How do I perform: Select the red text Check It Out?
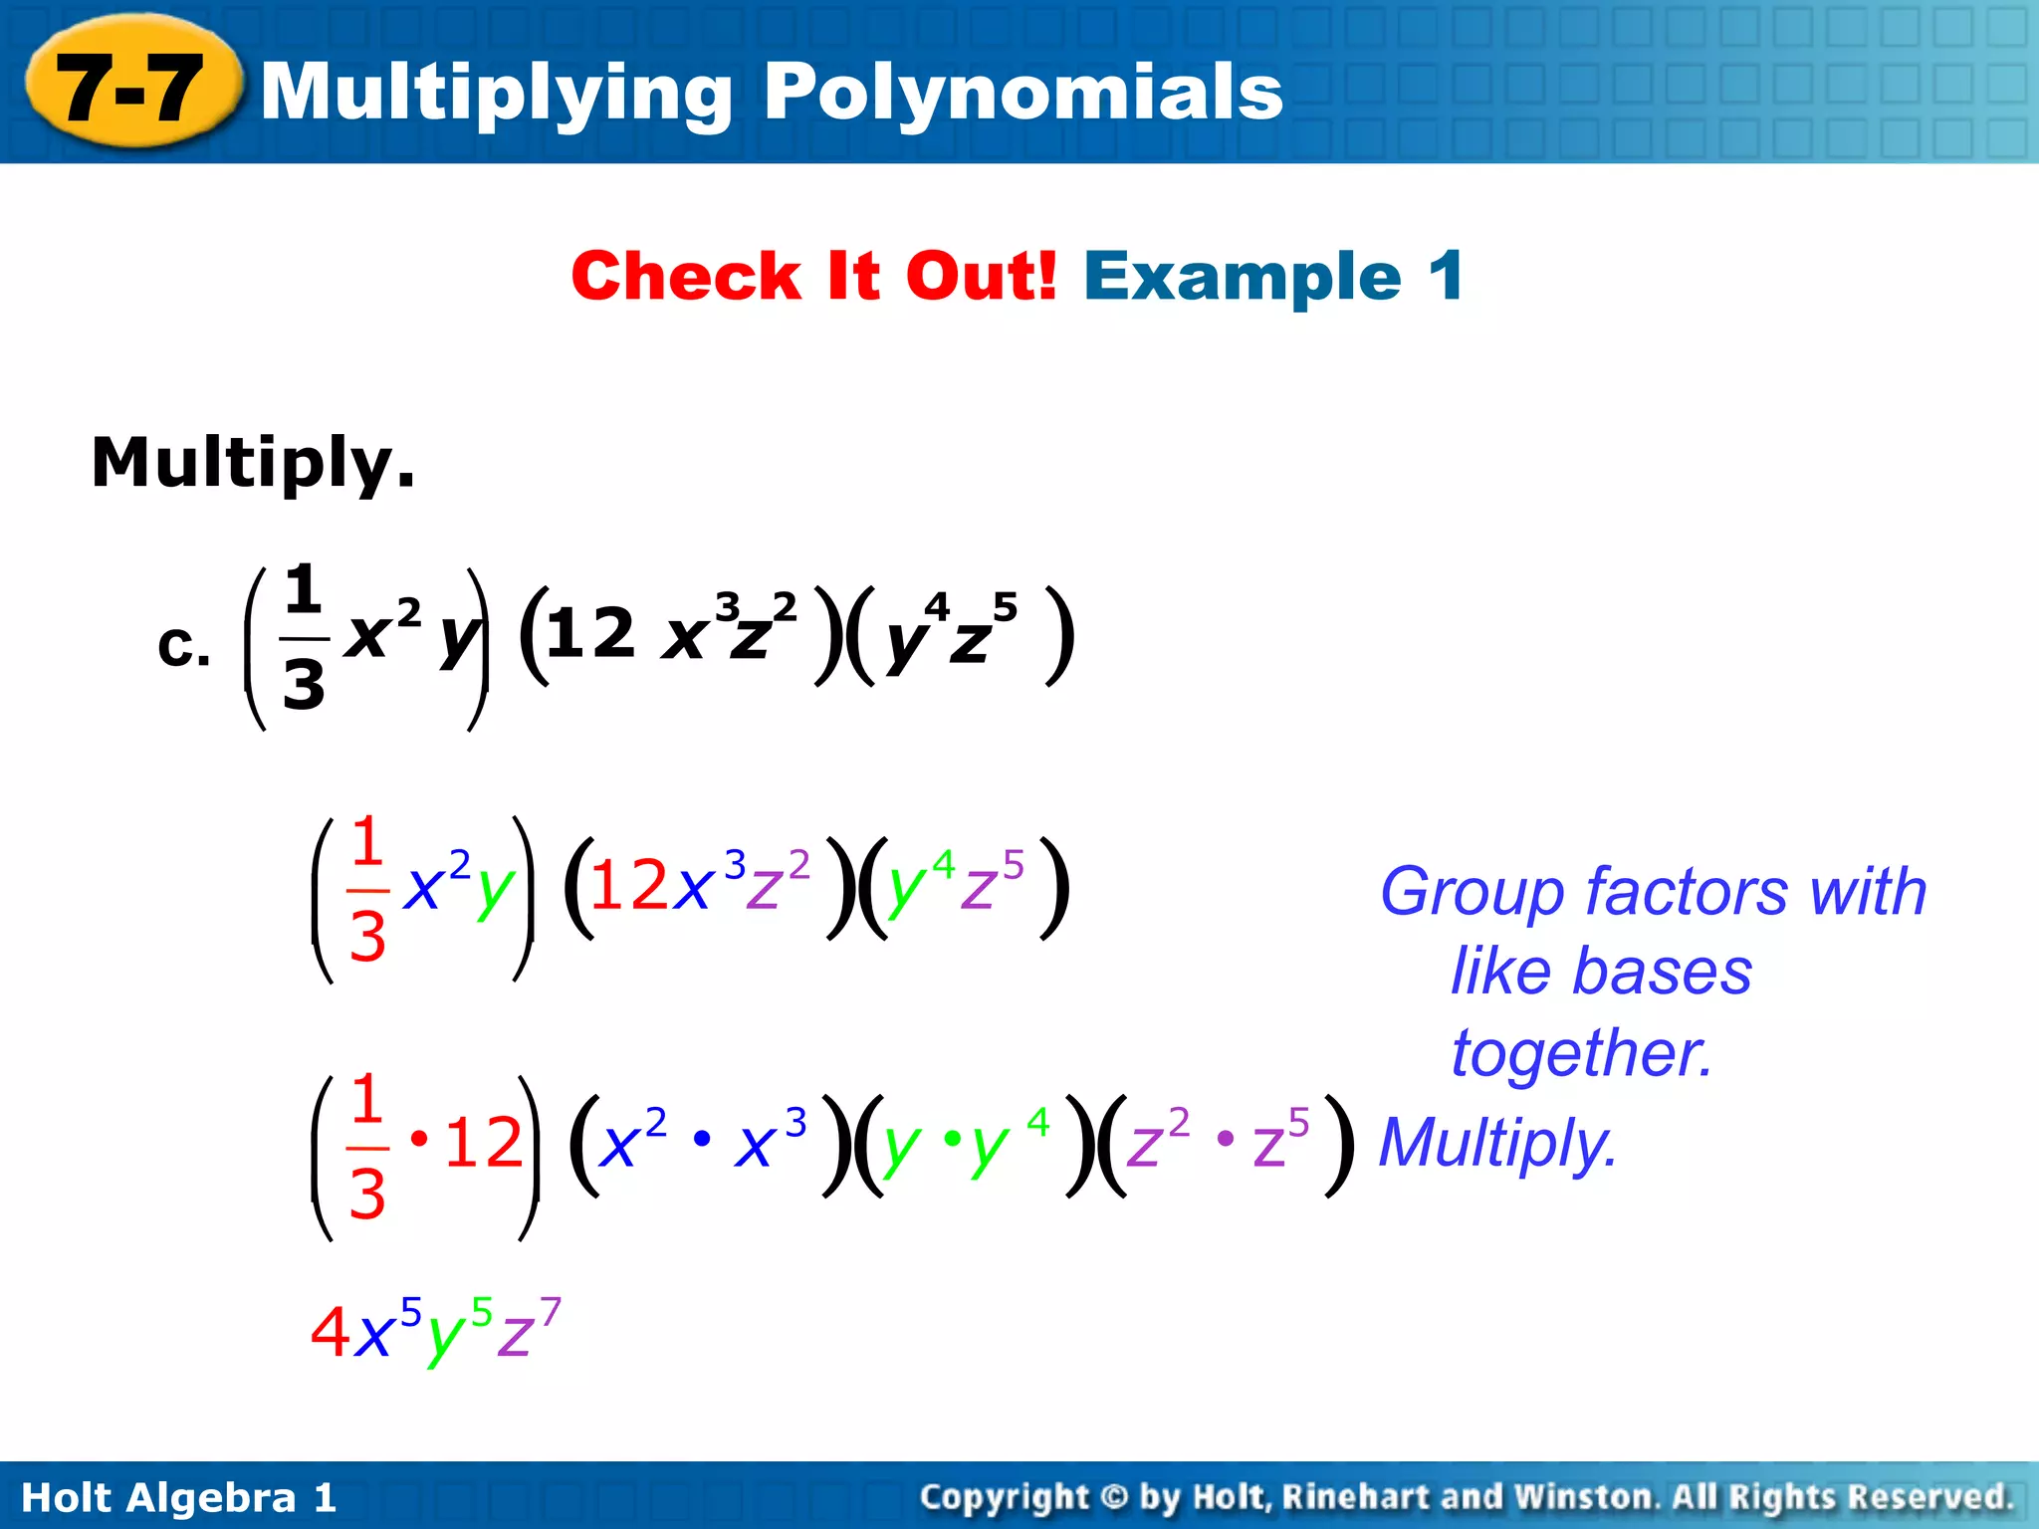(813, 276)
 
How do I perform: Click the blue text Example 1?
(1273, 276)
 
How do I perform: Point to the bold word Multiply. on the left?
(253, 464)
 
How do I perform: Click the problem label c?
(183, 648)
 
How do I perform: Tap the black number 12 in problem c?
(590, 633)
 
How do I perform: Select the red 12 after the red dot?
(484, 1143)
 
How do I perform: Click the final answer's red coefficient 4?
(330, 1332)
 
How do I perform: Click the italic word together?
(1582, 1053)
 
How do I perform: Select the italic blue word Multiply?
(1497, 1144)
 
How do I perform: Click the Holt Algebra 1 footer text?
(179, 1497)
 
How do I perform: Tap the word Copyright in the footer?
(1005, 1497)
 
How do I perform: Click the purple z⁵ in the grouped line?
(1279, 1141)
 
